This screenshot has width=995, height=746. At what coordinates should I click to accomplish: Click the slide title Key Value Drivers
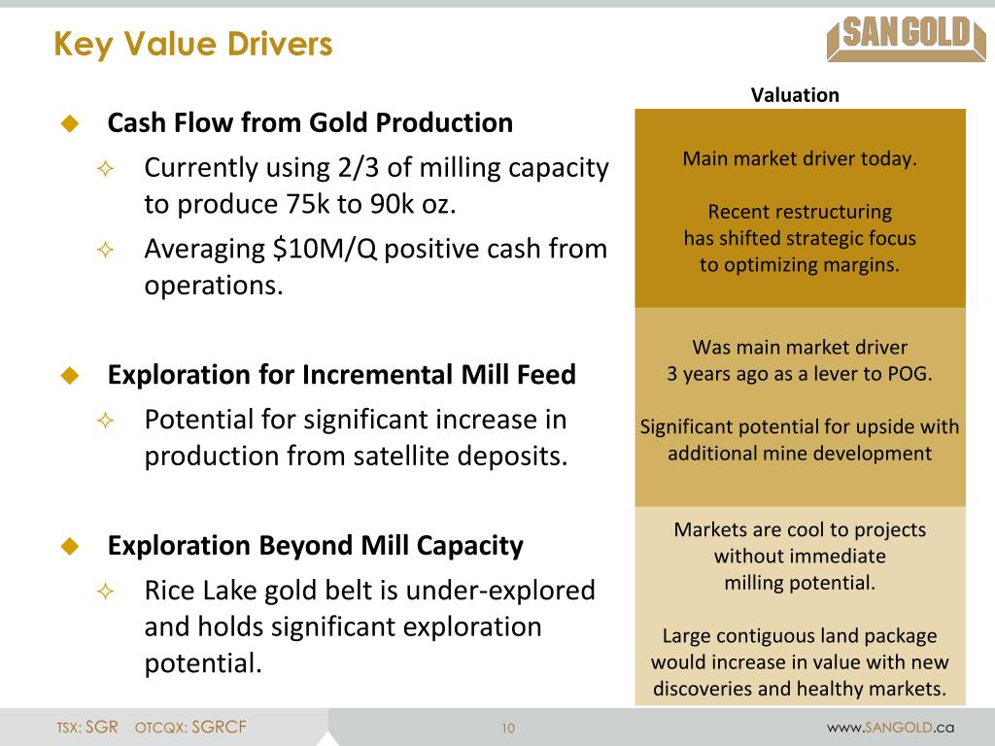(192, 44)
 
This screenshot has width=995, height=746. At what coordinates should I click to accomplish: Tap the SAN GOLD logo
(899, 38)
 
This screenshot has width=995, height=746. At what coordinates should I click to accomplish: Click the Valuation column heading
(794, 95)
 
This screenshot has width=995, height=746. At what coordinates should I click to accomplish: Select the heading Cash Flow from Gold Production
(310, 123)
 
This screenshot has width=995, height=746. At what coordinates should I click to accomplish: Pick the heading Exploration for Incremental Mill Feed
(341, 375)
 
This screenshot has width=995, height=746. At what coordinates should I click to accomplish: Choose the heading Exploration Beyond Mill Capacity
(315, 546)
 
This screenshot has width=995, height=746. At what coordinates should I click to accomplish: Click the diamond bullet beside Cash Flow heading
(69, 123)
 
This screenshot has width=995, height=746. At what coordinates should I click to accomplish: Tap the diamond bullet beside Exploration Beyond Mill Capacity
(69, 546)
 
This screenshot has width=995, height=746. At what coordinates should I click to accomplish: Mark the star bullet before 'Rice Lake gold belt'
(105, 592)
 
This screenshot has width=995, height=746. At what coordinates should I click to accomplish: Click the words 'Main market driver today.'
(799, 159)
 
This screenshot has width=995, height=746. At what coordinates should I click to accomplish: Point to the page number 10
(508, 729)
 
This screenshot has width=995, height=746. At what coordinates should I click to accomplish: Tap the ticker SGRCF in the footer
(219, 728)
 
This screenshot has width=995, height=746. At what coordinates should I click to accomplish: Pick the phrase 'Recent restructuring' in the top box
(799, 212)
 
